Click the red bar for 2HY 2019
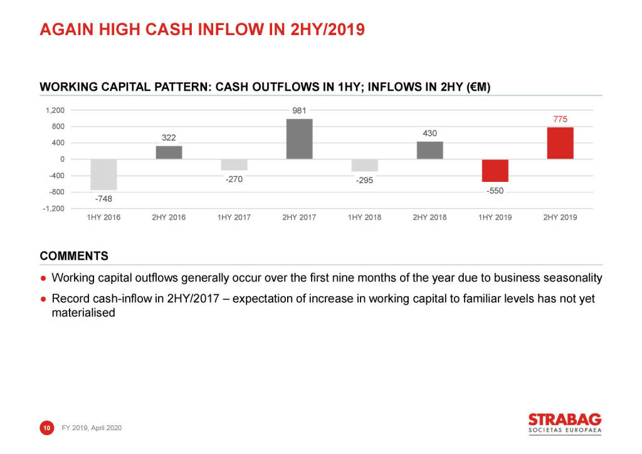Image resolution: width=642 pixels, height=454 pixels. (560, 143)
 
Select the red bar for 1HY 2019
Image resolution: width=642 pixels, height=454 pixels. (495, 171)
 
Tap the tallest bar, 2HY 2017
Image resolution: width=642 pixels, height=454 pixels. (299, 139)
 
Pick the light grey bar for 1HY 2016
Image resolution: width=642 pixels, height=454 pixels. (103, 174)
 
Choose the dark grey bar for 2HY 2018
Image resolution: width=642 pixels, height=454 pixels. (429, 150)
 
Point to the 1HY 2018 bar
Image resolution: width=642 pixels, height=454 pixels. (364, 166)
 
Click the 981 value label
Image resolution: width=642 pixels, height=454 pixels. (299, 111)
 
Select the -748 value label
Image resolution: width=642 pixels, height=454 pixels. (103, 199)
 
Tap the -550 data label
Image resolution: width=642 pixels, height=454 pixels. (495, 191)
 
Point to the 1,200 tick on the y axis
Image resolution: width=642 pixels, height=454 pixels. (55, 110)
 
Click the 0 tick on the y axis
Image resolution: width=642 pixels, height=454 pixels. (62, 159)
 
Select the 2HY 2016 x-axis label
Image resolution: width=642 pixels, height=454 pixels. (169, 218)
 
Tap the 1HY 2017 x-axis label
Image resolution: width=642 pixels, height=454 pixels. (234, 218)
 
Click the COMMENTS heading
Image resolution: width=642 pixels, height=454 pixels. (74, 256)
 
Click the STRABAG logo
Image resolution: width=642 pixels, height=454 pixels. (564, 423)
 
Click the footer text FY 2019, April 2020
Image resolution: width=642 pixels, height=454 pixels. (92, 428)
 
